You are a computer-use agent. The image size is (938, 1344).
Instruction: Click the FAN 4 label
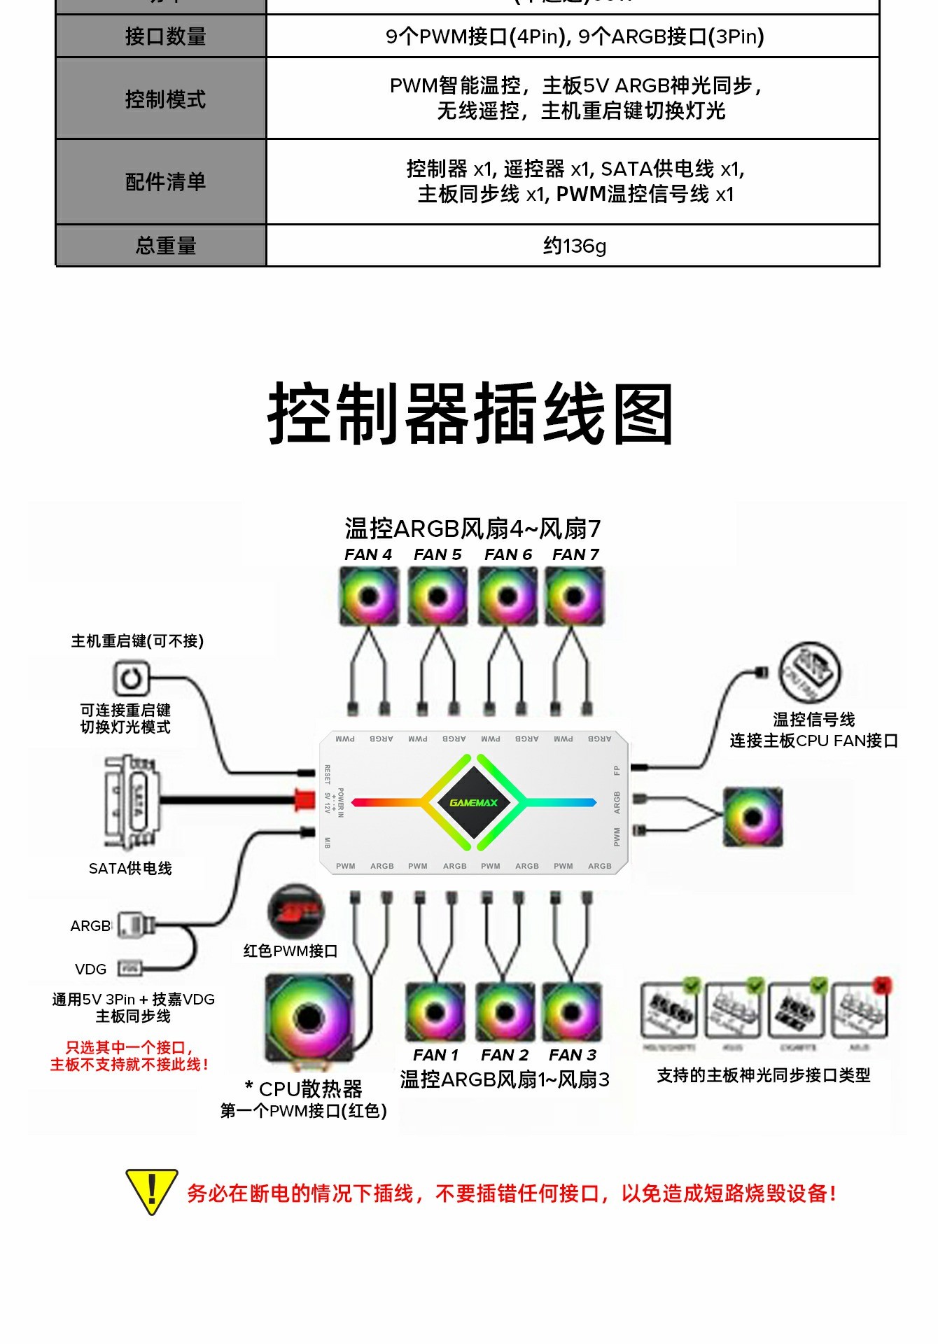(368, 554)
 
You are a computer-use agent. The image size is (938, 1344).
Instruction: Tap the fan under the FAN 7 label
(575, 596)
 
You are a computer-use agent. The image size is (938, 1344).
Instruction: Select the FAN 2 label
(505, 1055)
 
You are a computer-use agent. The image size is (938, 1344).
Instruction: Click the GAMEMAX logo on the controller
(474, 802)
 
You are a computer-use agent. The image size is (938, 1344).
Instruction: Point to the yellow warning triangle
(151, 1191)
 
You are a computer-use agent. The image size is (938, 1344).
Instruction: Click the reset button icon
(131, 678)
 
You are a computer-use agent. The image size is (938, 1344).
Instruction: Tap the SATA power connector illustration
(132, 802)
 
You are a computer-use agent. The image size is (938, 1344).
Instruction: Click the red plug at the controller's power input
(305, 799)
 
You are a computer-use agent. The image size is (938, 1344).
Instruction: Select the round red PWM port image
(296, 911)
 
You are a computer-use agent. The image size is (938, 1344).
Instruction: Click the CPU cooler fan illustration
(309, 1018)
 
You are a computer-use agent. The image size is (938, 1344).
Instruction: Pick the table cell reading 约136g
(574, 246)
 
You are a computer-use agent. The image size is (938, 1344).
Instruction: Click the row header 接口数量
(165, 36)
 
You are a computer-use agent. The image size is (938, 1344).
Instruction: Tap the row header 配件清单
(165, 182)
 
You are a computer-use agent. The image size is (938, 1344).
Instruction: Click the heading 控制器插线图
(470, 414)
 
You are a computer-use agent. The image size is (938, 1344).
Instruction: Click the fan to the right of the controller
(752, 817)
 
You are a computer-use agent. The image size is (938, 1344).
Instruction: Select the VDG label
(91, 969)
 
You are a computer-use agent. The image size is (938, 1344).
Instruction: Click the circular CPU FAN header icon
(810, 671)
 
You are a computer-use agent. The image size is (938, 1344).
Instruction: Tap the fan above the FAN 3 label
(572, 1012)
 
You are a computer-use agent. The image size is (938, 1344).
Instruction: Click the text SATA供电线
(130, 869)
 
